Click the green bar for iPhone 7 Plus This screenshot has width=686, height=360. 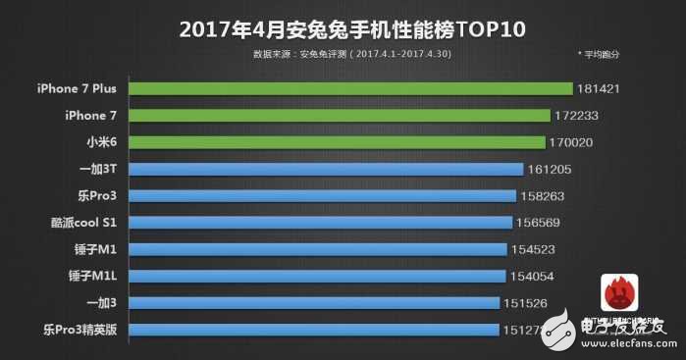349,89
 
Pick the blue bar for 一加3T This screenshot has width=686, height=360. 326,169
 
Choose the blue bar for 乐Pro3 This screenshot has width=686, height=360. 323,195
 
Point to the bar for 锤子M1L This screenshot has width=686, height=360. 318,277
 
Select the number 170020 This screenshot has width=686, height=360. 576,142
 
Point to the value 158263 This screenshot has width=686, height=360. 544,195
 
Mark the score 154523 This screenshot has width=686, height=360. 536,250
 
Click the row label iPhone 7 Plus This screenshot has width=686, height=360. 76,89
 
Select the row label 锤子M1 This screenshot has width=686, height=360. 96,250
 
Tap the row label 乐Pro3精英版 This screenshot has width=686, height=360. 81,331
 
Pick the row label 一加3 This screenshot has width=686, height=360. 100,304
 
